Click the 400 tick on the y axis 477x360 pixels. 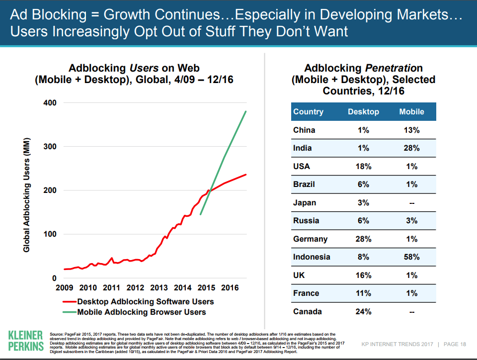click(x=50, y=102)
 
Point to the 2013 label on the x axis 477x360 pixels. click(x=159, y=287)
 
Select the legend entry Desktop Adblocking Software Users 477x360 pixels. click(x=146, y=301)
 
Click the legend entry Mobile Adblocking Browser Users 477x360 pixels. click(x=141, y=312)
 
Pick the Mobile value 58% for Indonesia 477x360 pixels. click(x=411, y=257)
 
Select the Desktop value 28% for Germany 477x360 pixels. click(x=363, y=239)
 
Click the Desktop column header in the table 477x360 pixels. click(x=363, y=112)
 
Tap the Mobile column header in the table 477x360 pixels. click(x=411, y=112)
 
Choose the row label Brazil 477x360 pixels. click(x=304, y=184)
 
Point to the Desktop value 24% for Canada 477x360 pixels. click(x=363, y=312)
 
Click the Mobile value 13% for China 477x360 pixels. click(x=411, y=130)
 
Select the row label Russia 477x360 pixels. click(x=305, y=221)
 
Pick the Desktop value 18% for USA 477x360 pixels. click(x=363, y=167)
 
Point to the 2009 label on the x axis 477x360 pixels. click(x=65, y=287)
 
